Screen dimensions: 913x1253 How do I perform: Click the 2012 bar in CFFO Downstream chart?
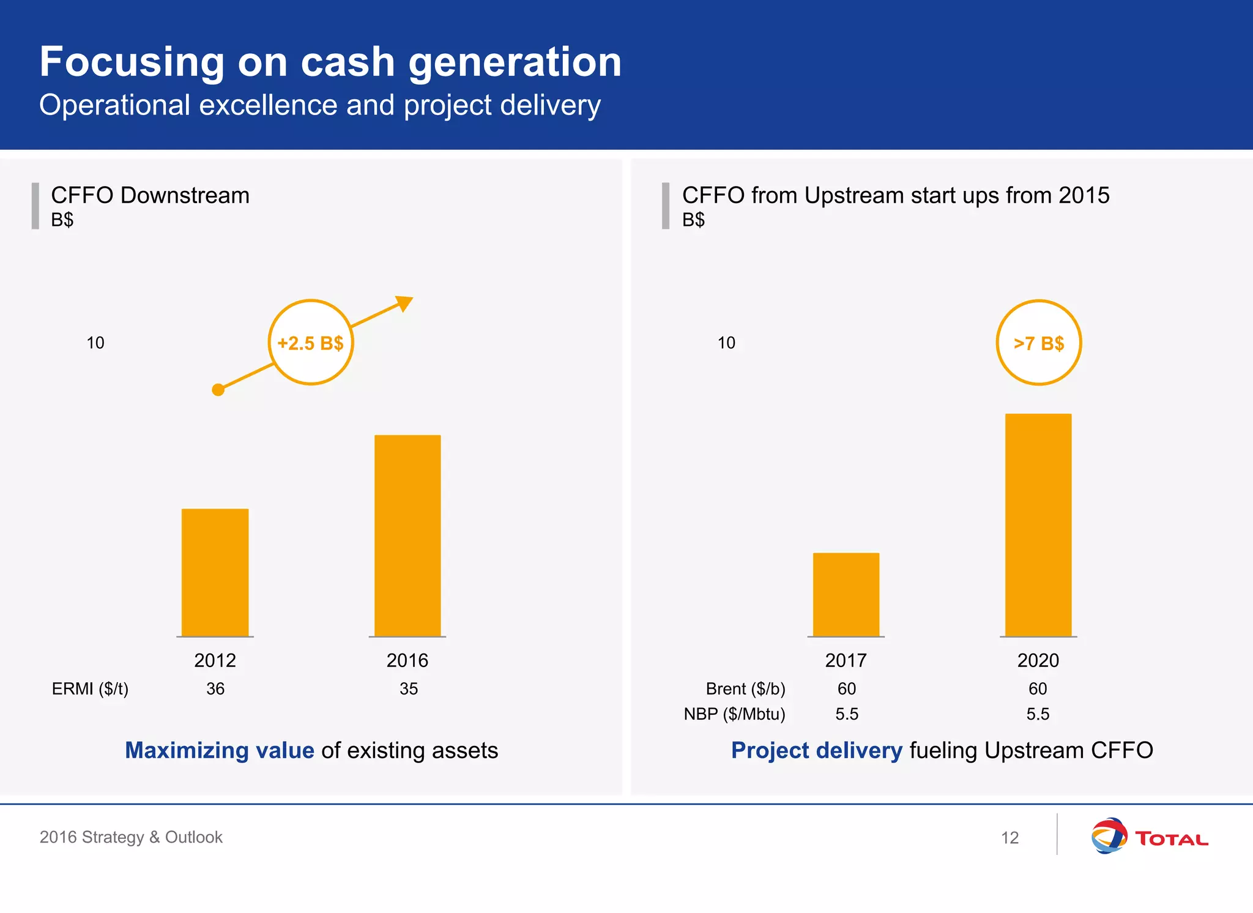coord(215,572)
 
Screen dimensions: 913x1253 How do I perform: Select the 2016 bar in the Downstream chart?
coord(407,535)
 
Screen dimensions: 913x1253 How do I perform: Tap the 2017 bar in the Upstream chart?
coord(846,594)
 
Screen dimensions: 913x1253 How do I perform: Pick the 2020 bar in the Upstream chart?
coord(1038,525)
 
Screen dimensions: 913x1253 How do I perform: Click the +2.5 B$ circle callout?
coord(311,343)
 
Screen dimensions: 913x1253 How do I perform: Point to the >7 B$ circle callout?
coord(1039,343)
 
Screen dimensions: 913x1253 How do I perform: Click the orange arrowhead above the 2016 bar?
coord(405,302)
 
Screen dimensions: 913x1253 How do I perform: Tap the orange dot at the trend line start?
coord(218,390)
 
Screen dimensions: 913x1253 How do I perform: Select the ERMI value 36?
coord(215,689)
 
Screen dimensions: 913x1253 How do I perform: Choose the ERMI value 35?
coord(409,689)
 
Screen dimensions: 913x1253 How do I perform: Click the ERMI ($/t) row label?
coord(90,689)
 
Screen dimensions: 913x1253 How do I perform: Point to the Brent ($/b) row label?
coord(745,689)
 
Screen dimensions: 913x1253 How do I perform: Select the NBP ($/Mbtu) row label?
coord(734,714)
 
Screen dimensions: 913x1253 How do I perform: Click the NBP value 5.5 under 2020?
coord(1038,714)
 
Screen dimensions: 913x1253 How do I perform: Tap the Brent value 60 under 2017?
coord(847,689)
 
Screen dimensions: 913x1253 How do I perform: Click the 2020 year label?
coord(1038,661)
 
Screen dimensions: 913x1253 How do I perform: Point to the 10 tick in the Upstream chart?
coord(726,343)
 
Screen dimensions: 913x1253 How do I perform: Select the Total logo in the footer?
coord(1149,837)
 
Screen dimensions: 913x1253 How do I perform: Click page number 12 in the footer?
coord(1009,838)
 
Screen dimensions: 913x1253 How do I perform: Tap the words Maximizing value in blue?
coord(220,750)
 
